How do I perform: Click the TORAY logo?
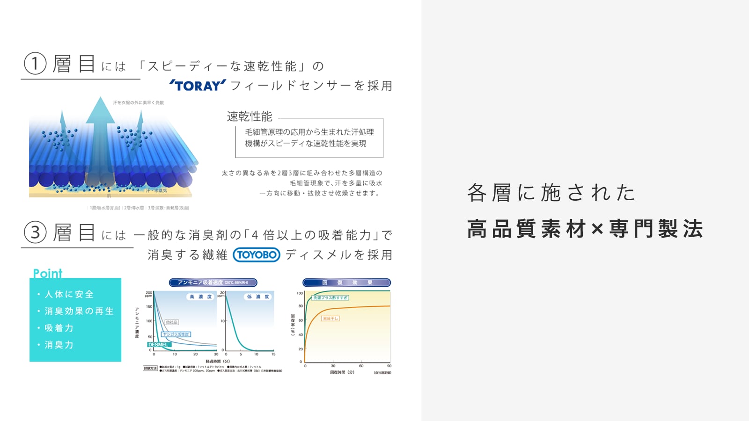point(198,86)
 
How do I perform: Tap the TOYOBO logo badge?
point(257,254)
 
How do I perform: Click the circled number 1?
point(35,64)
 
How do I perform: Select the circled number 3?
point(35,232)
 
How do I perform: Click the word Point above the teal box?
point(48,273)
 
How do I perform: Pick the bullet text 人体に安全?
point(69,294)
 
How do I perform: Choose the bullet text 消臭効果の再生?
point(79,311)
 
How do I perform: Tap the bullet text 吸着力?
point(59,328)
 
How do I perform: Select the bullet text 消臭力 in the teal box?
point(59,345)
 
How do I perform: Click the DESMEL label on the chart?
point(159,345)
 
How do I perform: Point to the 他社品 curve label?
point(172,322)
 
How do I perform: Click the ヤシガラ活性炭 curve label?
point(176,334)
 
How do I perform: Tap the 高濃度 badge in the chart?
point(200,297)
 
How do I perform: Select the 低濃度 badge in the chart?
point(258,297)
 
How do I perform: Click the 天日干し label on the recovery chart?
point(330,319)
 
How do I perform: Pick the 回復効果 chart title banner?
point(347,283)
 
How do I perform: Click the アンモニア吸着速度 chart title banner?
point(213,283)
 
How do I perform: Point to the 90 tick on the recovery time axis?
point(389,366)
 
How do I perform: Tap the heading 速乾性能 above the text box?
point(250,116)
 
